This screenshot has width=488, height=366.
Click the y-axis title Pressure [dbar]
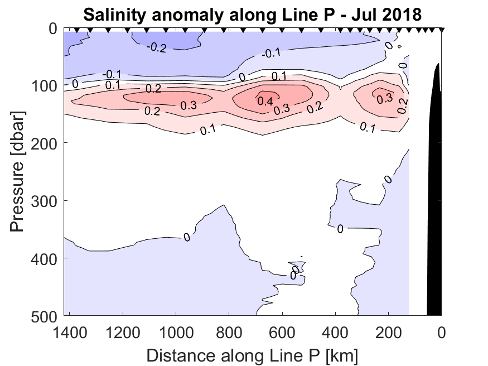click(18, 172)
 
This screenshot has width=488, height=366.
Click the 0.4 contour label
click(265, 101)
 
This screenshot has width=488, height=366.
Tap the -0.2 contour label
click(156, 47)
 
